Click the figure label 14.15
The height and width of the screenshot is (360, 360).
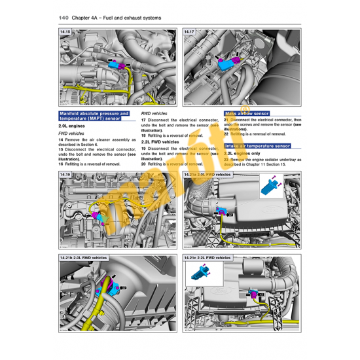tap(65, 31)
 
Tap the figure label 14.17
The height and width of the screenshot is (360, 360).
tap(189, 31)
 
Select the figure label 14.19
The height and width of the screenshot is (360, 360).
tap(65, 175)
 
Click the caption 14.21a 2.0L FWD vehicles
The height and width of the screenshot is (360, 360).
tap(208, 175)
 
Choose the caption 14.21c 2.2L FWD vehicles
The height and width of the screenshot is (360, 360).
tap(207, 259)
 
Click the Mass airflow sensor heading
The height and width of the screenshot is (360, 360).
tap(247, 113)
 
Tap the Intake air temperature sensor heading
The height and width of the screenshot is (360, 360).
tap(257, 146)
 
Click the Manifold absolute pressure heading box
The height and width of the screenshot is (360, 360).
tap(94, 117)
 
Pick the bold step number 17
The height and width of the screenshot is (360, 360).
tap(143, 120)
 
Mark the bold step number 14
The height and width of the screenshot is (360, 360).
tap(61, 140)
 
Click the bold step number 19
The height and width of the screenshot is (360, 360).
tap(143, 149)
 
